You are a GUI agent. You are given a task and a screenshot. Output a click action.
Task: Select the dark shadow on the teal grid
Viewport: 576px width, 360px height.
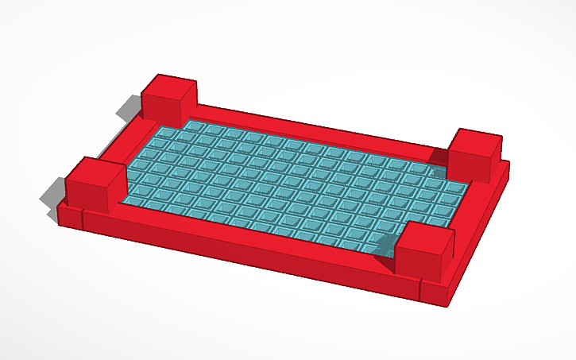385,246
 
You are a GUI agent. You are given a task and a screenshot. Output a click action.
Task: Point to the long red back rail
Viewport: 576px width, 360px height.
318,128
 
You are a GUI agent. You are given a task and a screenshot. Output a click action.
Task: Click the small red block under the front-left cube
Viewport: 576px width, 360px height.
70,215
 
